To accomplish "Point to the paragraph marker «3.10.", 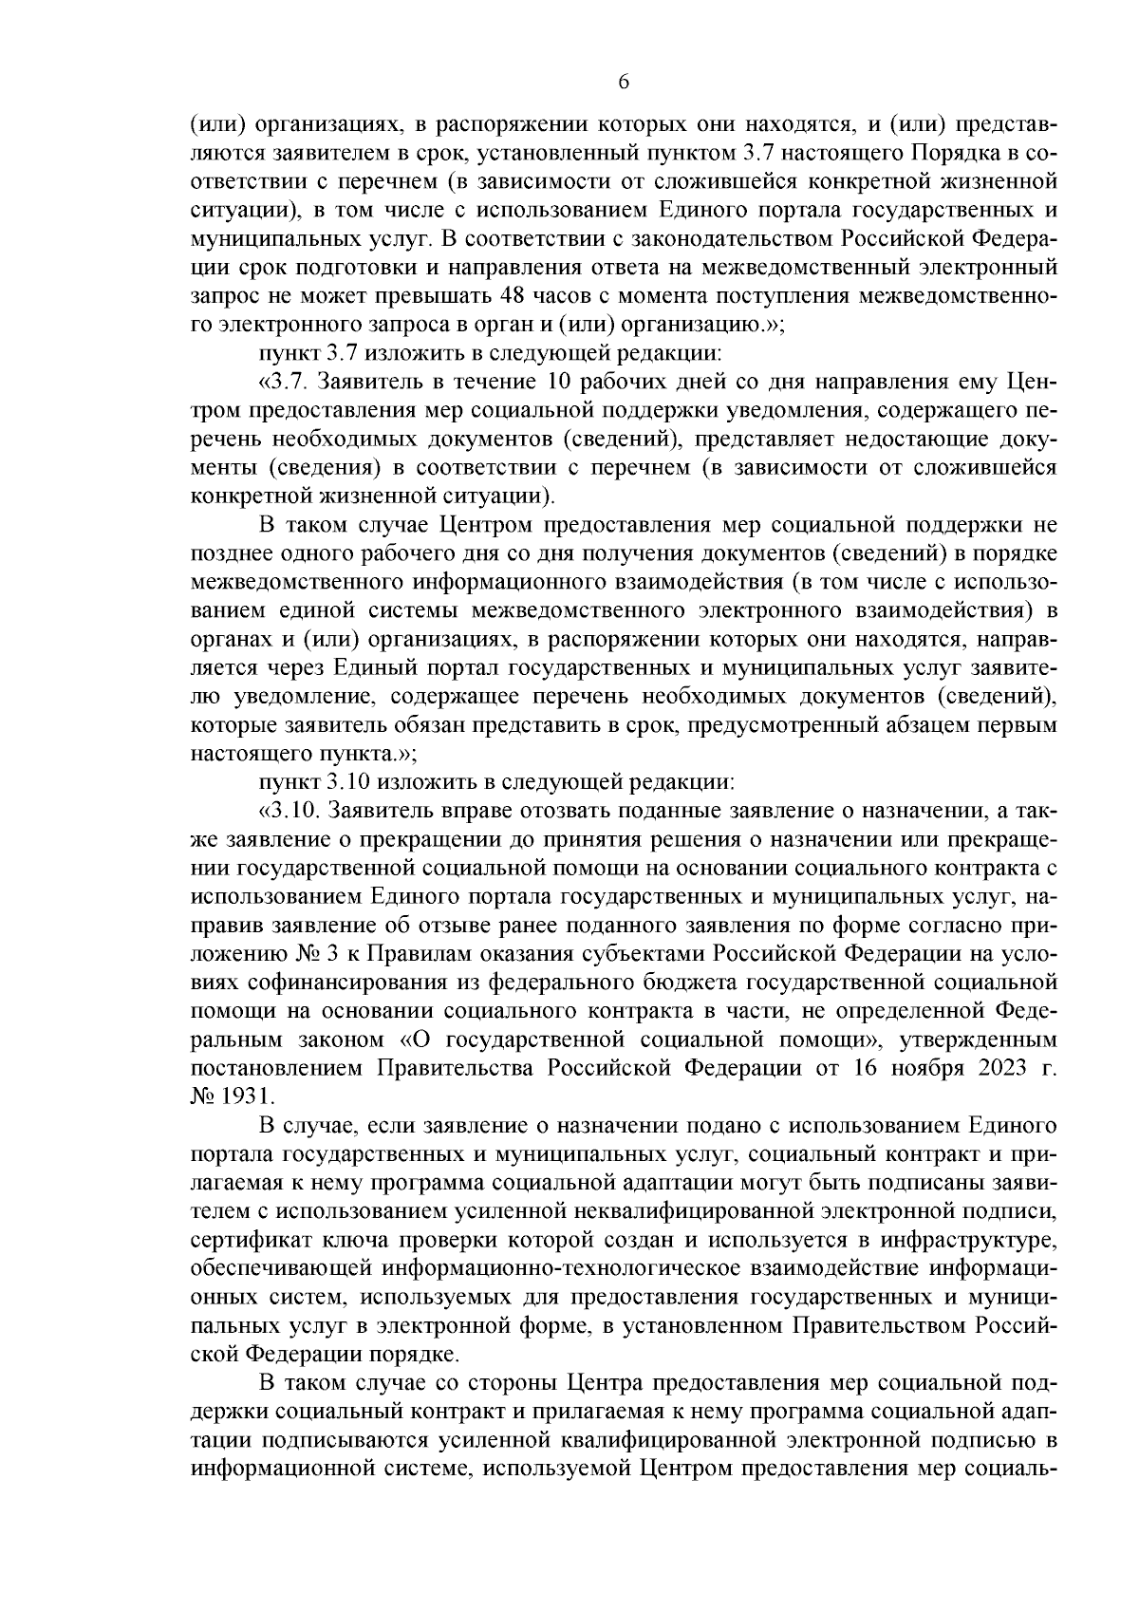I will (289, 811).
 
